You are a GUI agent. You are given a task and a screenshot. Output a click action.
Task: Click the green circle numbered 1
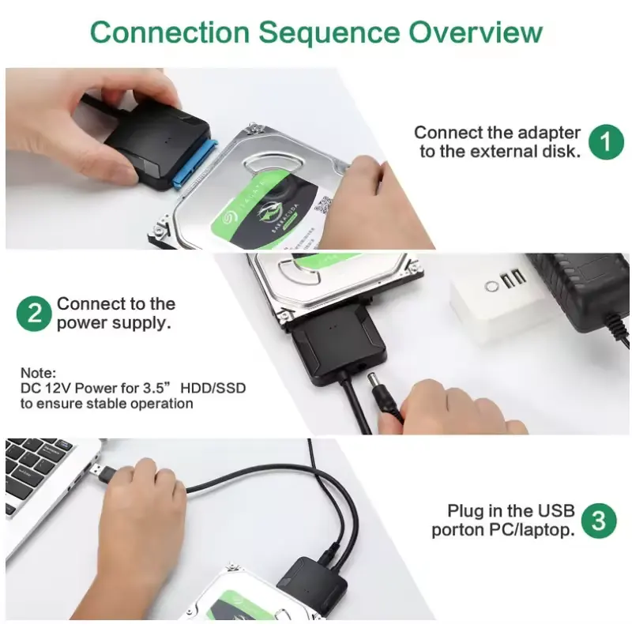[606, 142]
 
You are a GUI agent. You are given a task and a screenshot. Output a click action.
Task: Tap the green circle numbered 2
[34, 314]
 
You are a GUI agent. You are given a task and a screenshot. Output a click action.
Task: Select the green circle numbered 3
[599, 521]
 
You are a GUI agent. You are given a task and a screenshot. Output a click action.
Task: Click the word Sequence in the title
[329, 32]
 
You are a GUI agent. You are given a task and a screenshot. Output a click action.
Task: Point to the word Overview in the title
[476, 32]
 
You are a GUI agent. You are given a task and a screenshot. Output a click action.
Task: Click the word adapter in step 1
[549, 134]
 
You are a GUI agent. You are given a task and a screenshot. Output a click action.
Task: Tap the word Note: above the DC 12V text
[38, 372]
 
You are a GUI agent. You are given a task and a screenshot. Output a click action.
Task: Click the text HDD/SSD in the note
[213, 388]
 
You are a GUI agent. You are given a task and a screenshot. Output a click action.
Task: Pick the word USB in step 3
[557, 510]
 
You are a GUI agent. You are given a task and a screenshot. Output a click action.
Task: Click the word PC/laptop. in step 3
[532, 530]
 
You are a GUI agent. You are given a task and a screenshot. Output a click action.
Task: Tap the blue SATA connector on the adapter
[195, 164]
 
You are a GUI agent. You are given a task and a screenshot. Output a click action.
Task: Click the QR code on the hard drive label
[322, 205]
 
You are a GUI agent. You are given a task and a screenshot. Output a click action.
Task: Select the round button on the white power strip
[491, 287]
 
